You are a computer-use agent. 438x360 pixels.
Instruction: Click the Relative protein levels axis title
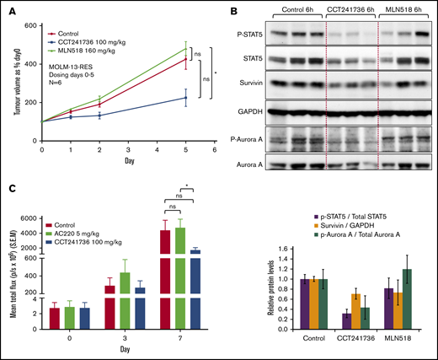269,291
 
